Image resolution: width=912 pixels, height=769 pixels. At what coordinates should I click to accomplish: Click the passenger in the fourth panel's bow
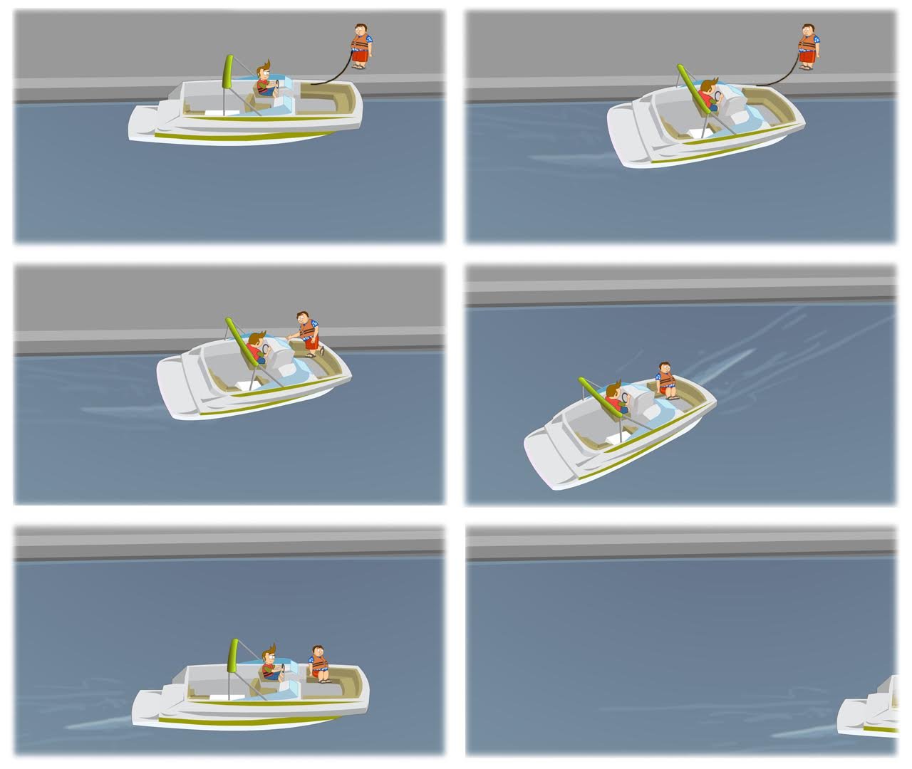coord(665,379)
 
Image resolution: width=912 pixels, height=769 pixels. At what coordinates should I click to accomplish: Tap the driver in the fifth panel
coord(269,665)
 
